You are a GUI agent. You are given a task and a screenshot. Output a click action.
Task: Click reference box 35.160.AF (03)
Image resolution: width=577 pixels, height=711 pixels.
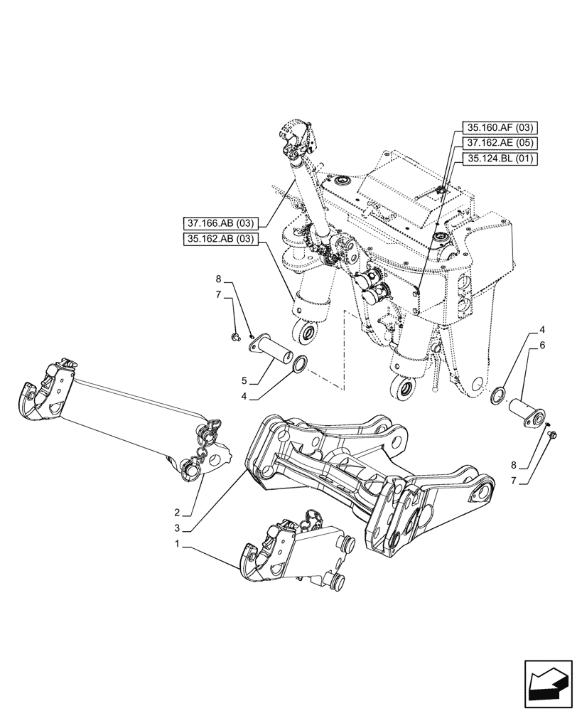(499, 128)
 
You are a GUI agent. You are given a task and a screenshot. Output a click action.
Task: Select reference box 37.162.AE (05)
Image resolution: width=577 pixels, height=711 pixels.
(499, 143)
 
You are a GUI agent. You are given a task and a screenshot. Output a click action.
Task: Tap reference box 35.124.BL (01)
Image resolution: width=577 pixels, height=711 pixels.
(499, 158)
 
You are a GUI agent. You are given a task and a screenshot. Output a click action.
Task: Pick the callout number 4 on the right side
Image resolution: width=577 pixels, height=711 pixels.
(542, 330)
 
